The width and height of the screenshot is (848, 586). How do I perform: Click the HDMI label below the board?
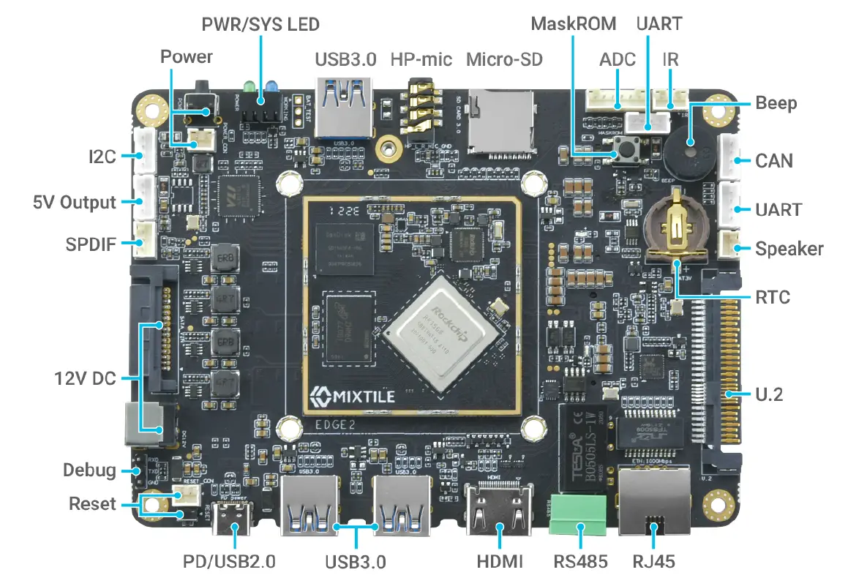[500, 562]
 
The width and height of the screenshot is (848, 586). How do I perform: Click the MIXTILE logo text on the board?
[353, 397]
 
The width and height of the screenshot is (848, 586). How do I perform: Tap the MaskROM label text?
[573, 23]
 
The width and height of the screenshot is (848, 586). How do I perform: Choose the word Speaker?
[789, 249]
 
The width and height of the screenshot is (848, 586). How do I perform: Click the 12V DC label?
[85, 379]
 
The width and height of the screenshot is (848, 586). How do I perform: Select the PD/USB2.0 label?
[228, 562]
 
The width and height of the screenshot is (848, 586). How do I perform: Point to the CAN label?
[774, 160]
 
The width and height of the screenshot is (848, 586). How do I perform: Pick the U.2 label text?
[769, 394]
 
